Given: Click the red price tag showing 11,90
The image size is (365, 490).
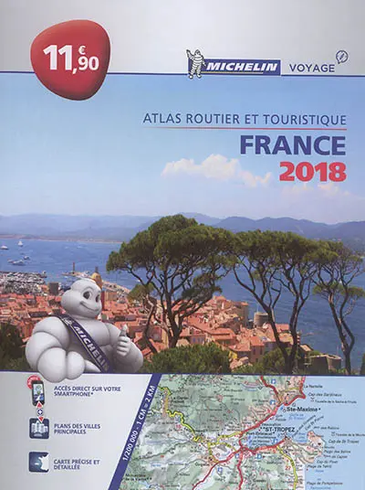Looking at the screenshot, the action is pyautogui.click(x=69, y=60).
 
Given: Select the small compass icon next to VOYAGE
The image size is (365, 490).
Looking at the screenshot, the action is pyautogui.click(x=341, y=57).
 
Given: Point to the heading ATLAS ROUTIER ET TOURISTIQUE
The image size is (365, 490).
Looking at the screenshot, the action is pyautogui.click(x=245, y=119).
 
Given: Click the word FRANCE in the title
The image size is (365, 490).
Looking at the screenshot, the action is pyautogui.click(x=293, y=145).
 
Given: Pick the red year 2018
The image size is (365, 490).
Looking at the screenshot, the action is pyautogui.click(x=313, y=172).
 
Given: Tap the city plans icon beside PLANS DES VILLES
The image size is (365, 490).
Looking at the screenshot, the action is pyautogui.click(x=38, y=428).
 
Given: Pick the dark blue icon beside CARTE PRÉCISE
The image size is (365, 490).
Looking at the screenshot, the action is pyautogui.click(x=38, y=462).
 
